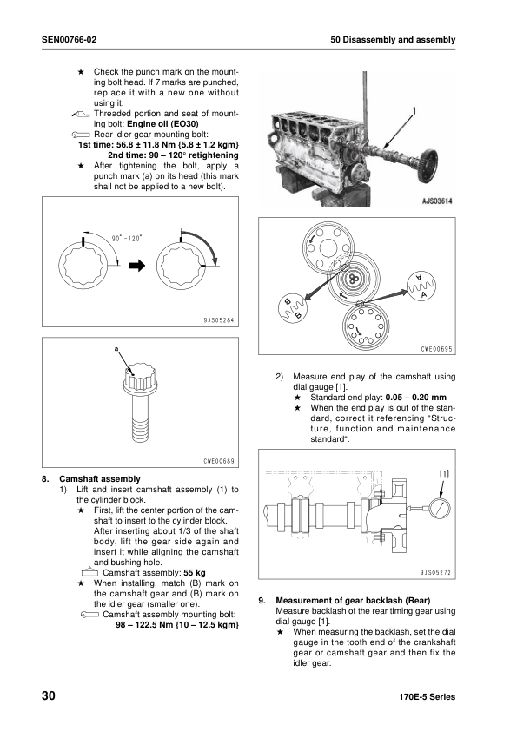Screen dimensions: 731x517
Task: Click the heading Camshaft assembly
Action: [99, 479]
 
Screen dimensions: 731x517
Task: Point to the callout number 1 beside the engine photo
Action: [415, 110]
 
